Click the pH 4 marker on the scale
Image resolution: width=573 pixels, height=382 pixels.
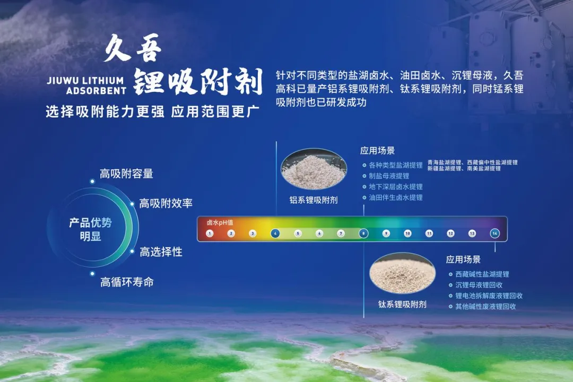point(275,233)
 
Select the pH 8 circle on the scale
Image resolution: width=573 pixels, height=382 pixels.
point(363,233)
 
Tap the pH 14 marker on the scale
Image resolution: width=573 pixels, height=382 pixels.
point(494,233)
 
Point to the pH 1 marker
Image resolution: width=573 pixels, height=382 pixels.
point(210,233)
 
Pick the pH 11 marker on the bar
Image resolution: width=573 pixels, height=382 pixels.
point(429,233)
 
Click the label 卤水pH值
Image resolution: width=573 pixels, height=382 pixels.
point(220,223)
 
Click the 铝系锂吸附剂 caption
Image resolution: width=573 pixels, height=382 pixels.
point(314,200)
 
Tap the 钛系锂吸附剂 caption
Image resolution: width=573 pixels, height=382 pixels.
point(402,305)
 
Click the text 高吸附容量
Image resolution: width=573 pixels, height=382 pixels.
point(126,173)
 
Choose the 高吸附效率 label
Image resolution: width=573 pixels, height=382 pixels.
point(166,203)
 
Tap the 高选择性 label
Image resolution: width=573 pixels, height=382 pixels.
point(161,252)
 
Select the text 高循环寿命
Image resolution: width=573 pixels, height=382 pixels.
point(127,282)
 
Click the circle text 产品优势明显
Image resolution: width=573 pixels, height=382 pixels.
point(91,229)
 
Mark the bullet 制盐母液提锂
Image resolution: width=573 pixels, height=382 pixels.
point(389,176)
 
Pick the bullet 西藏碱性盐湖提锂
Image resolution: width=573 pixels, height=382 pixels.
point(482,274)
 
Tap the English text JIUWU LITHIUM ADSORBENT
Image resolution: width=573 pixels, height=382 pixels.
point(86,85)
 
